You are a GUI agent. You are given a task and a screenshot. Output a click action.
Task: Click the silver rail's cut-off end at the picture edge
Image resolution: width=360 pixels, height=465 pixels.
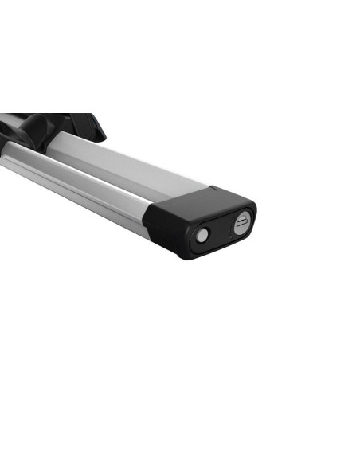tap(3, 155)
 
